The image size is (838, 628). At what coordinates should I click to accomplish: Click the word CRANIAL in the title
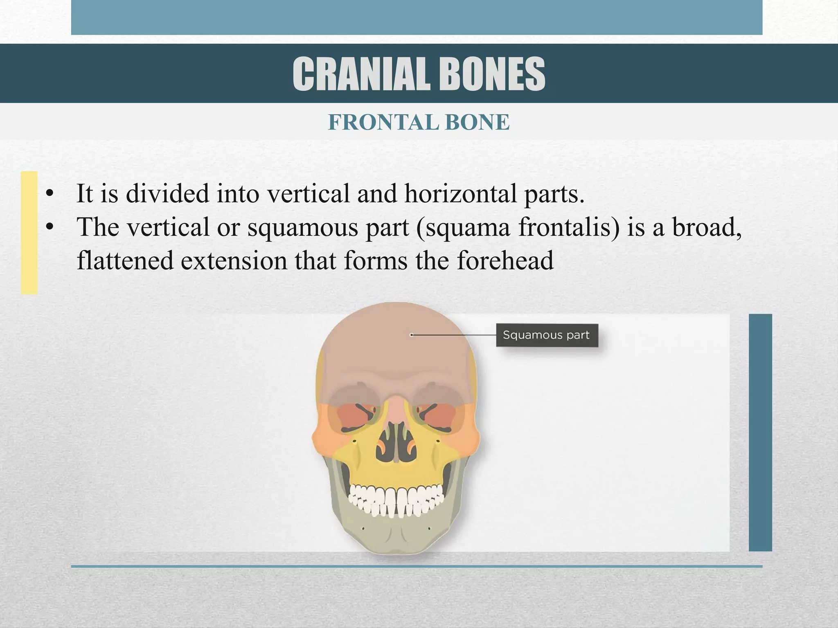361,74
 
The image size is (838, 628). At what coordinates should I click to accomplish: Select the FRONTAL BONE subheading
419,122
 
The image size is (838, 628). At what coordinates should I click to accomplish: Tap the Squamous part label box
547,335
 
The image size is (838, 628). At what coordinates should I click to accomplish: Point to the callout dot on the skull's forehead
412,335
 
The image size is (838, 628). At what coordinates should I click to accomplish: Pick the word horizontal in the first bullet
461,193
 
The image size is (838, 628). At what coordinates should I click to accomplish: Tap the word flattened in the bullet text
125,260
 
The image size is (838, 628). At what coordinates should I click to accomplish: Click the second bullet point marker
50,228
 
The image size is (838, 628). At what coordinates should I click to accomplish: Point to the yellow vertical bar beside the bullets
29,232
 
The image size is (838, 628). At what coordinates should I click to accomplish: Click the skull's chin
396,540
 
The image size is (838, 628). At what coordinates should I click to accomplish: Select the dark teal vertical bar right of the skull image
760,432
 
